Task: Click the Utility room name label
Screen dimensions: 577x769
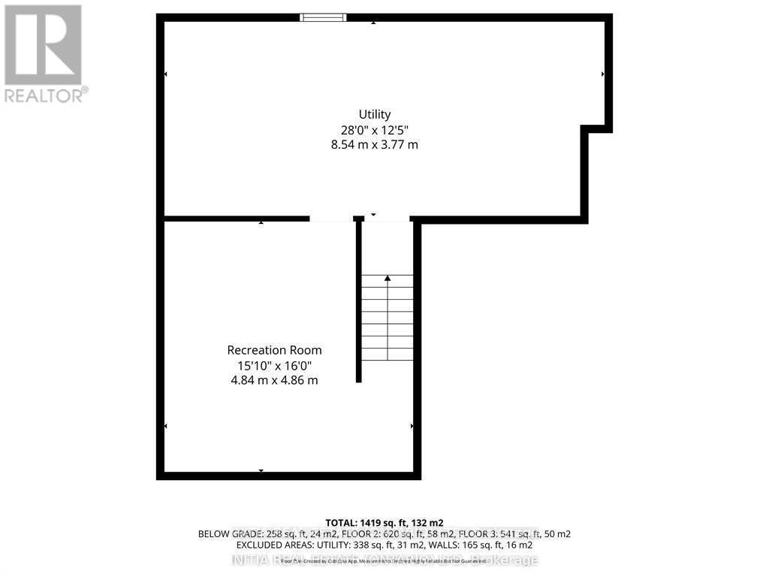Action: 374,114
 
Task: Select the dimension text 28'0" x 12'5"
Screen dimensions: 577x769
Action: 374,129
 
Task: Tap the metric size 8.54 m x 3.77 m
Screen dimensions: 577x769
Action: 374,144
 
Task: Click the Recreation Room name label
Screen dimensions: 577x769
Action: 274,350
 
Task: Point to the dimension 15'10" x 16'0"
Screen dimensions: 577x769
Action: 274,365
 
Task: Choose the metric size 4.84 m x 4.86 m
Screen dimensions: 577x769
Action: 274,380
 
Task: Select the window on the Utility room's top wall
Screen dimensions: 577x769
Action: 323,17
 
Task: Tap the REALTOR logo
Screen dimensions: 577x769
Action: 44,53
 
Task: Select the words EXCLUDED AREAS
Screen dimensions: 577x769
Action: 271,545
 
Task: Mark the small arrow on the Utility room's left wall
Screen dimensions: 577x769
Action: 166,74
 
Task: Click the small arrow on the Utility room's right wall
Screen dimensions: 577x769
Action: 602,74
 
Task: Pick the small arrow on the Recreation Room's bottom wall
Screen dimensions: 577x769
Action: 261,471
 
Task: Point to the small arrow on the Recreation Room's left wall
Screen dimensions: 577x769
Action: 166,427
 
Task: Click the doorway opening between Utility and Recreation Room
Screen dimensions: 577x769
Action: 331,219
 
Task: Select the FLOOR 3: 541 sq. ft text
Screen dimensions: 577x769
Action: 504,534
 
